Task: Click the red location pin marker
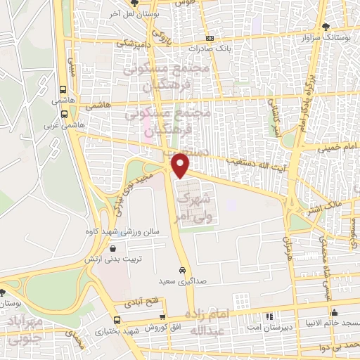point(181,165)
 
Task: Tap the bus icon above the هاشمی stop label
point(64,90)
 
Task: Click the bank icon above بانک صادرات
point(209,39)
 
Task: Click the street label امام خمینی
point(337,148)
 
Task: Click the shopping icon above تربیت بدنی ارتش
point(113,248)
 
